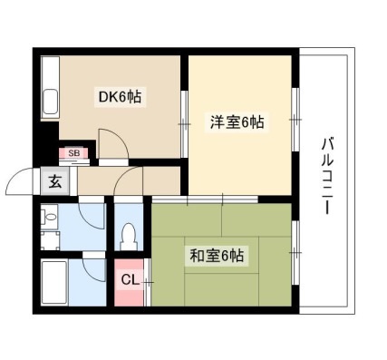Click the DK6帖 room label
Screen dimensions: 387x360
[x=121, y=96]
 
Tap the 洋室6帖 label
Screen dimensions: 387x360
[x=237, y=122]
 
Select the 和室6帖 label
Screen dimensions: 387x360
[x=217, y=256]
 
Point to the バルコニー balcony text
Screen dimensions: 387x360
[x=327, y=176]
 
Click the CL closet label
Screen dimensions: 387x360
[x=131, y=280]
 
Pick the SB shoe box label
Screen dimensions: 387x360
[x=74, y=153]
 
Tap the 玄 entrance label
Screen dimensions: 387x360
[x=55, y=181]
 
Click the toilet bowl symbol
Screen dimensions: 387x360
[x=129, y=236]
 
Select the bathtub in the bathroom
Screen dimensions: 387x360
[x=54, y=283]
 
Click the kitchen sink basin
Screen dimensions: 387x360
[x=51, y=102]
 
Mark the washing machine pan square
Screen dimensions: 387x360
[x=50, y=241]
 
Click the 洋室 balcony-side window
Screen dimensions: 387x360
[x=295, y=120]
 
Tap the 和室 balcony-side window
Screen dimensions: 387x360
[x=295, y=252]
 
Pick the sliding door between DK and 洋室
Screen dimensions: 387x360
[x=184, y=124]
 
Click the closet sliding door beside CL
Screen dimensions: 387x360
[x=147, y=282]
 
